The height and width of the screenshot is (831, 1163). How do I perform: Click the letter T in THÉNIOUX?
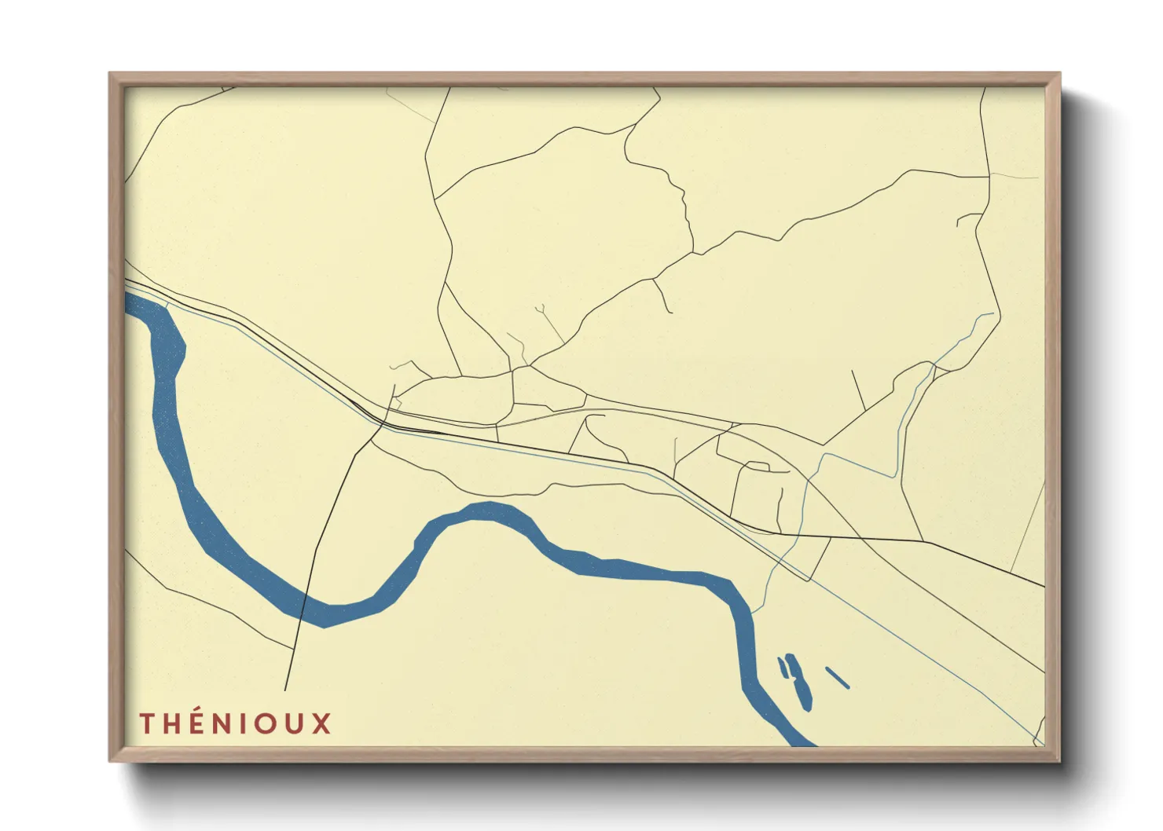click(x=147, y=723)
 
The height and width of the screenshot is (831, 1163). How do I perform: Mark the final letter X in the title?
click(x=321, y=723)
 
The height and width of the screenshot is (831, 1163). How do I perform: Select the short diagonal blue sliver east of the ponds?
click(x=838, y=677)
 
